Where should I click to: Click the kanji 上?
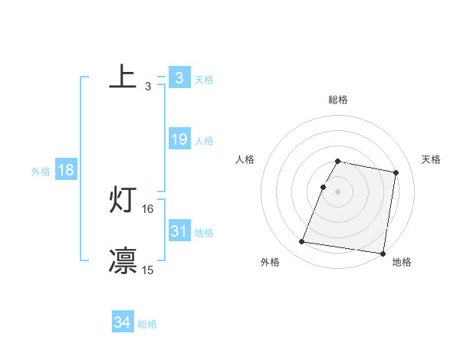pyautogui.click(x=123, y=78)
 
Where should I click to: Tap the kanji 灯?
pyautogui.click(x=123, y=201)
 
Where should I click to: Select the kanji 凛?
pyautogui.click(x=123, y=261)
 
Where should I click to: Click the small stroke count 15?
pyautogui.click(x=148, y=270)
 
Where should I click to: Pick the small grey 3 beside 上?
pyautogui.click(x=148, y=87)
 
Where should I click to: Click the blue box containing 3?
pyautogui.click(x=179, y=78)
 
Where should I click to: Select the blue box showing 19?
pyautogui.click(x=179, y=139)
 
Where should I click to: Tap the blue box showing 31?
pyautogui.click(x=179, y=231)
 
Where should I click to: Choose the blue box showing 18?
pyautogui.click(x=66, y=170)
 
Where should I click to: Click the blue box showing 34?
pyautogui.click(x=122, y=322)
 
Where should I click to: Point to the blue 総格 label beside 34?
pyautogui.click(x=147, y=324)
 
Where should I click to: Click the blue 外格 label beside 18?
pyautogui.click(x=41, y=172)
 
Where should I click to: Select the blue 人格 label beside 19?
pyautogui.click(x=204, y=141)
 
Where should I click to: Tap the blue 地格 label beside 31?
pyautogui.click(x=204, y=233)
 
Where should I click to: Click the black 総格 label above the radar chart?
pyautogui.click(x=338, y=100)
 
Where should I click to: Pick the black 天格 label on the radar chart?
pyautogui.click(x=431, y=159)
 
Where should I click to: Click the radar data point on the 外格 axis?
pyautogui.click(x=302, y=242)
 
